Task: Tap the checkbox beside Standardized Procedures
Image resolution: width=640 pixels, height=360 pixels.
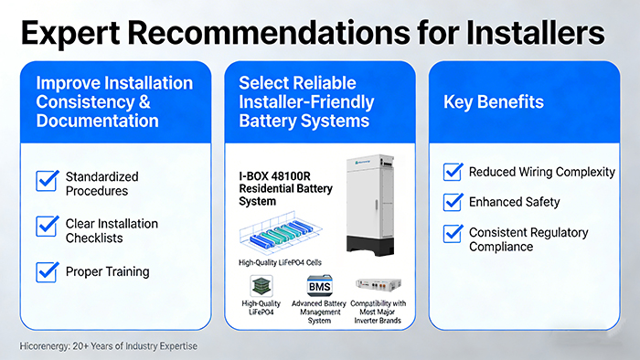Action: pos(47,181)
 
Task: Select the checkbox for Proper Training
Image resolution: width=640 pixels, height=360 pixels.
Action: pos(47,271)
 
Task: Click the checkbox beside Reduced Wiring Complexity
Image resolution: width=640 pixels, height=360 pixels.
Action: pos(452,172)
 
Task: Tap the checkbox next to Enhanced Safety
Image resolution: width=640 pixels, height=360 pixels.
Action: pos(452,201)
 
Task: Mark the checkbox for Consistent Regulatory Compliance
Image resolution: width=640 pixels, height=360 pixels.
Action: pos(452,233)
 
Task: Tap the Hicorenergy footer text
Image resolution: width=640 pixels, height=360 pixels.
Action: pos(107,346)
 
